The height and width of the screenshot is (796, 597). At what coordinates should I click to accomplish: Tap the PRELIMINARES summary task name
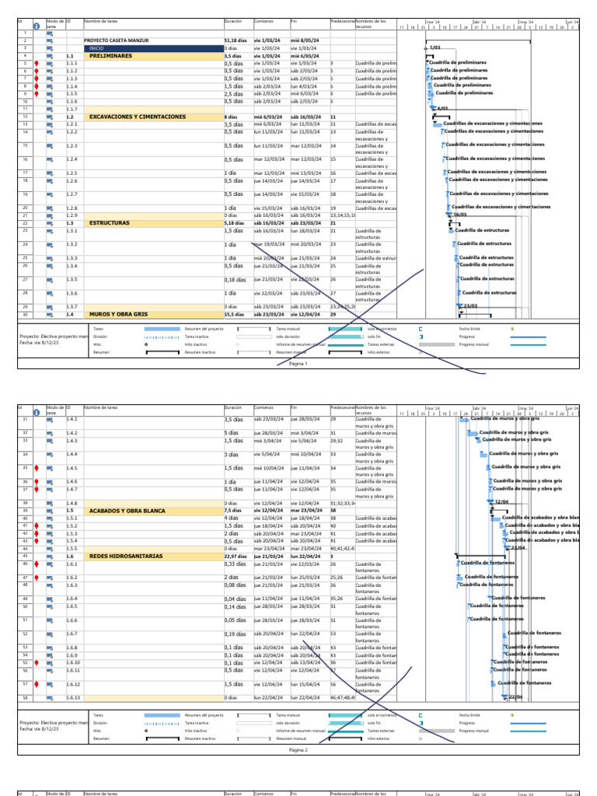coord(110,56)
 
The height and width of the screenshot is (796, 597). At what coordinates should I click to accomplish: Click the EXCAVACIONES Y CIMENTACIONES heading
coord(138,117)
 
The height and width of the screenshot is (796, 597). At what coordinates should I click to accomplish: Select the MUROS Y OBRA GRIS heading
coord(118,314)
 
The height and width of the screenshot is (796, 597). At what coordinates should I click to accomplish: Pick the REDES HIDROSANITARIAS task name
coord(126,556)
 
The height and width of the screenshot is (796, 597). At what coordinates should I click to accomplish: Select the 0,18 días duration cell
coord(234,279)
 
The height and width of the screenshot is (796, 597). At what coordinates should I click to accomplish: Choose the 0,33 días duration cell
coord(234,564)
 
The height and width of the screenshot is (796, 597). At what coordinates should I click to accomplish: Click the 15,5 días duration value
coord(235,314)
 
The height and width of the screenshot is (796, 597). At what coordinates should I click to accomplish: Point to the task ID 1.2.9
coord(72,215)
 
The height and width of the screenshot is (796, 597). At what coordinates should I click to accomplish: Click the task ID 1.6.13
coord(73,698)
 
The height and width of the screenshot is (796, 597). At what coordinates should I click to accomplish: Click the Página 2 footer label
coord(298,750)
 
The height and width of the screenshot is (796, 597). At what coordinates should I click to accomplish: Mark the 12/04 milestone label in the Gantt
coord(501,502)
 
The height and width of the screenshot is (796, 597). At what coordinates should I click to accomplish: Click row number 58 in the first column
coord(25,698)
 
